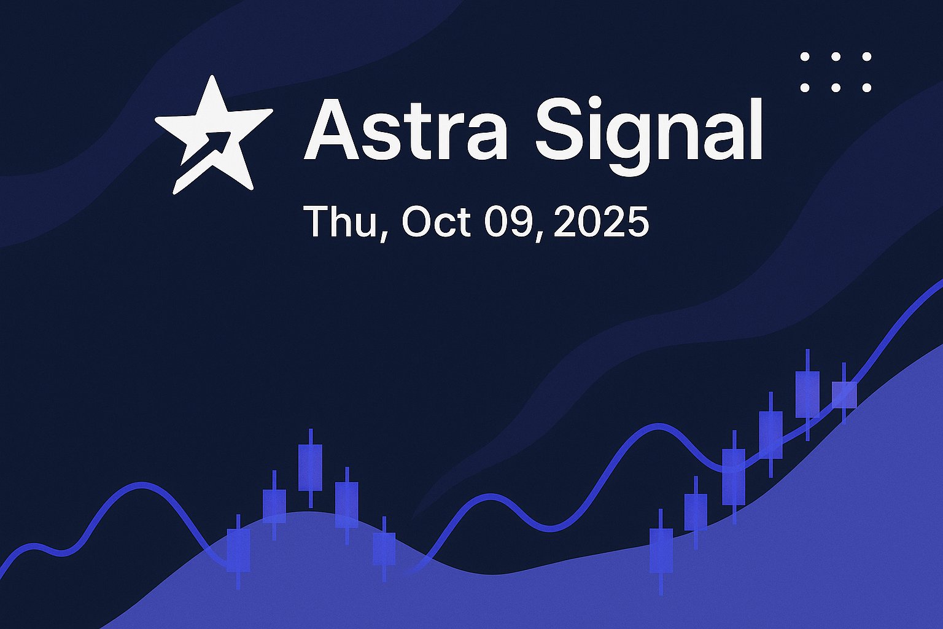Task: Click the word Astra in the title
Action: click(406, 129)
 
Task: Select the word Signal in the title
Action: click(649, 136)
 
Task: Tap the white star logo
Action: click(214, 135)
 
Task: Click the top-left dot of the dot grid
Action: click(804, 57)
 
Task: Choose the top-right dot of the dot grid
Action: click(866, 57)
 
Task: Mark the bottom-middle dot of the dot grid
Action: click(836, 88)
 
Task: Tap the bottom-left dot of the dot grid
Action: click(804, 88)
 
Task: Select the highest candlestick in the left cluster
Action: click(311, 468)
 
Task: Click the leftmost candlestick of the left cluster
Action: click(238, 552)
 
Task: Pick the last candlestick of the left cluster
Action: click(384, 549)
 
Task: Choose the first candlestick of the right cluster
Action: click(661, 552)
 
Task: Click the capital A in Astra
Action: click(332, 129)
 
